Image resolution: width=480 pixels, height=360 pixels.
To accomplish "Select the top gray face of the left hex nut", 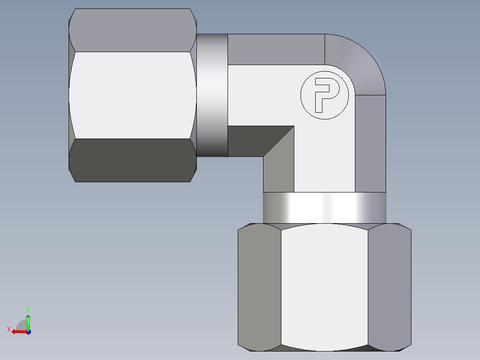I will coord(133,30).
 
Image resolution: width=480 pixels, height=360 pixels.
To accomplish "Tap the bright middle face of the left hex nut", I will coord(133,94).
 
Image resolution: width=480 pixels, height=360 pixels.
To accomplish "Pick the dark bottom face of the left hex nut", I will coord(133,160).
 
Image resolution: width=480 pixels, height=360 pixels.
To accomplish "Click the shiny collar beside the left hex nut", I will coord(212,94).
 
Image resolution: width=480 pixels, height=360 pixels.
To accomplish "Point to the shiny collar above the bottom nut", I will coord(324,207).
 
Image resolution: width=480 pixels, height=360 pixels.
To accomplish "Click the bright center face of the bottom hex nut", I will coord(324,285).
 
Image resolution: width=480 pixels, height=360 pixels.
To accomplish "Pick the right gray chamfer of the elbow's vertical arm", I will coord(370,143).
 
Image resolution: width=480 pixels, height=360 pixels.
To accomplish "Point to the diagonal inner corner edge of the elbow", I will coord(279,141).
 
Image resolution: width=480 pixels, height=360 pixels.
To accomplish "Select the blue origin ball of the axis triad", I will coord(28,331).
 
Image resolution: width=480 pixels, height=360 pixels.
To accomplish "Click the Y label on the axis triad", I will coord(28,309).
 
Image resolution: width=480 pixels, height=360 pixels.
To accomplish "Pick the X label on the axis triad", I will coord(8,329).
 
